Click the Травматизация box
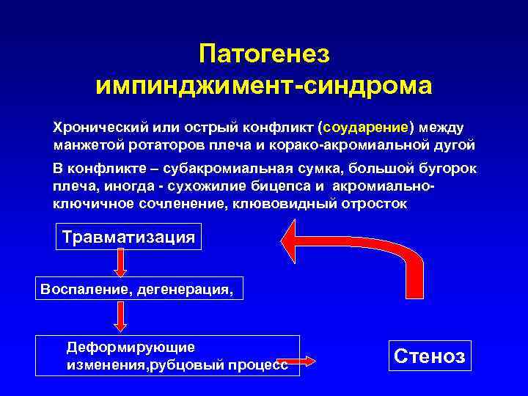[129, 238]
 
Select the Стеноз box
[429, 356]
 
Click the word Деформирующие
[130, 347]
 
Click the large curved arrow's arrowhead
[296, 240]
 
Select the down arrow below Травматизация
[120, 263]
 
